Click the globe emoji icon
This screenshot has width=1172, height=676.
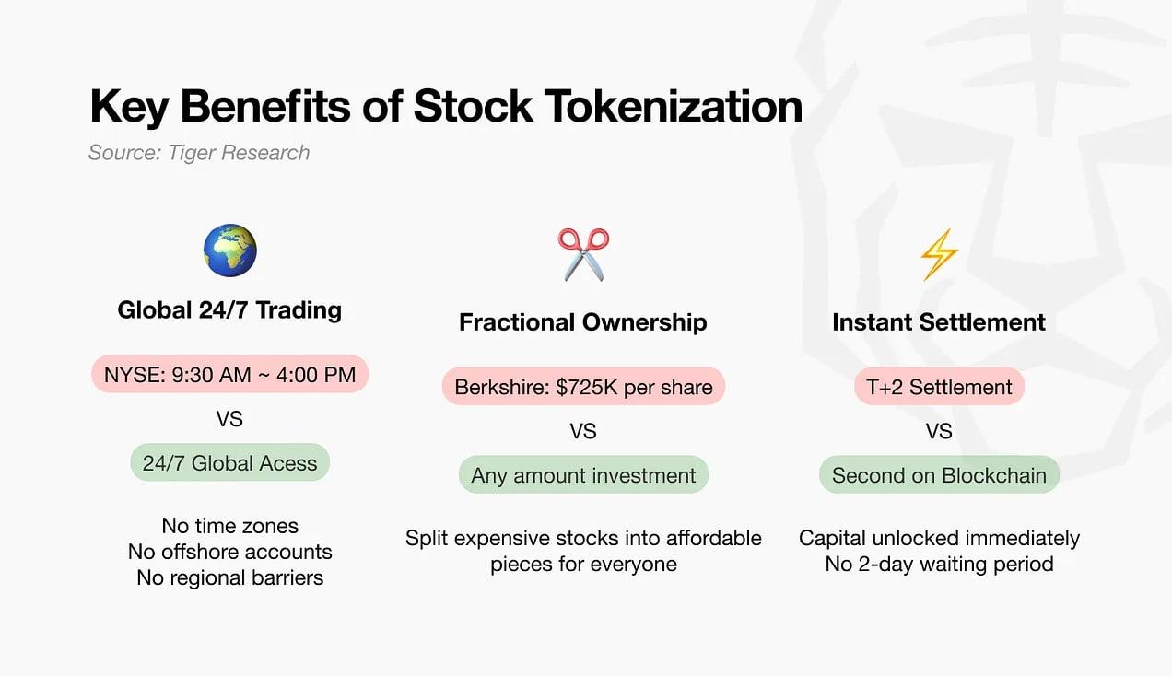point(230,251)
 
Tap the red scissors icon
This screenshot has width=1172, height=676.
point(583,254)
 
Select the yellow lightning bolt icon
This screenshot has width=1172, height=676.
point(939,254)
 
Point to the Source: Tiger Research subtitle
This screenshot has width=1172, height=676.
point(199,153)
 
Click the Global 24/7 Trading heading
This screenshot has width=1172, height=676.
point(229,310)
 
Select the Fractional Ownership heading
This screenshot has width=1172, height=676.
point(583,322)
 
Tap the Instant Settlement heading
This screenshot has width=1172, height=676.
point(939,322)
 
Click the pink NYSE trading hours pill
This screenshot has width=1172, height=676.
point(229,374)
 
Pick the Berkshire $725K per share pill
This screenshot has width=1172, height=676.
point(583,387)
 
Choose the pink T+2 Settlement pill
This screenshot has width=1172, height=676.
point(939,387)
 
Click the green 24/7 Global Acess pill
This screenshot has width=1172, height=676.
point(229,462)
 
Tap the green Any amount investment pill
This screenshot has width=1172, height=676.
point(583,474)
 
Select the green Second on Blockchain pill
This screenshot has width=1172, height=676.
point(939,474)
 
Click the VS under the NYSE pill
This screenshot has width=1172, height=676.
point(229,419)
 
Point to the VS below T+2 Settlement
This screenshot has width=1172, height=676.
point(939,431)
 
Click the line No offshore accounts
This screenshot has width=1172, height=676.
point(229,552)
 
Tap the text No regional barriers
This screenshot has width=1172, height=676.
point(229,577)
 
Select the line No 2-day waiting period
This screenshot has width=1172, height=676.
point(939,565)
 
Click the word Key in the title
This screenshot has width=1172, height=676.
point(129,107)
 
